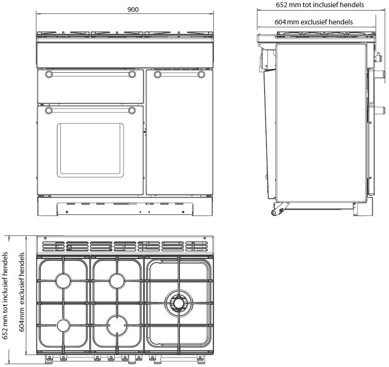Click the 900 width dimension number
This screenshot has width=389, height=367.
(x=133, y=10)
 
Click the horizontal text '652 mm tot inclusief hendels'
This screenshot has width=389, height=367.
(x=320, y=5)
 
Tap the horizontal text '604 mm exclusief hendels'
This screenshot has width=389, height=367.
(x=313, y=22)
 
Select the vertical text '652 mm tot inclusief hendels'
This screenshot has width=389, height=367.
(x=5, y=296)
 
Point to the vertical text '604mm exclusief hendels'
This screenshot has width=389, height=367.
(x=22, y=292)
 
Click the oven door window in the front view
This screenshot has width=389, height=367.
(x=90, y=150)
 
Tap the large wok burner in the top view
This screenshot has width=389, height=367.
(x=178, y=303)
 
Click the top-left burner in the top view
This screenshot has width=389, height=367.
(x=63, y=281)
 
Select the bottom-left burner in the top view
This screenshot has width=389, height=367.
(x=63, y=325)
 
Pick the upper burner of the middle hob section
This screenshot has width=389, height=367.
(x=117, y=281)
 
